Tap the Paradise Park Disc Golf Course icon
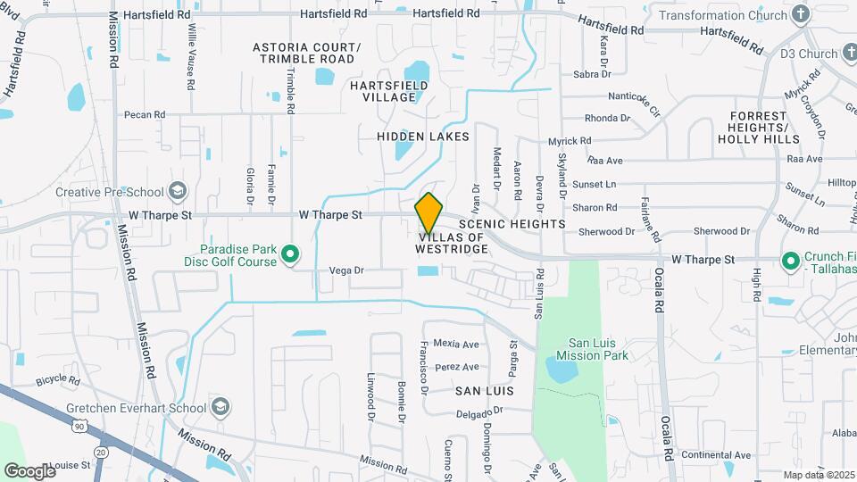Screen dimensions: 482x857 (290, 255)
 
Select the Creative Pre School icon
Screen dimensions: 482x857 (178, 191)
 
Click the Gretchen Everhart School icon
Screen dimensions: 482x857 (220, 407)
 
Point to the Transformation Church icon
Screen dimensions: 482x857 (800, 14)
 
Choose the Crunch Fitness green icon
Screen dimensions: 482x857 (790, 262)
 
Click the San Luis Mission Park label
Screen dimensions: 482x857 (598, 349)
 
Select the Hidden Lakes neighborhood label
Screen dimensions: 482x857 (422, 137)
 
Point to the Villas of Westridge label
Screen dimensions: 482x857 (452, 243)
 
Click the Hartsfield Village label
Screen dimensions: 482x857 (388, 91)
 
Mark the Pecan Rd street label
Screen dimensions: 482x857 (146, 114)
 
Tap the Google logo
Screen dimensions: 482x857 (29, 470)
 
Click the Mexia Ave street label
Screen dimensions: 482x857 (456, 344)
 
